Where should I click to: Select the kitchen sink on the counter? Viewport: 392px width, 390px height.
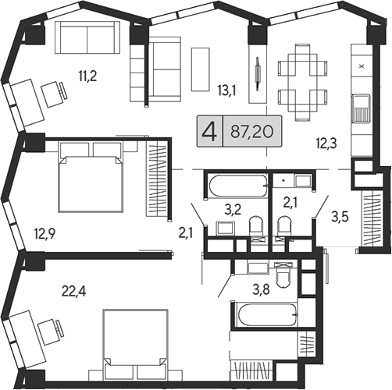pos(361,107)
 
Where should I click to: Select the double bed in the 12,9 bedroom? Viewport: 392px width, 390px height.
pos(91,179)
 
